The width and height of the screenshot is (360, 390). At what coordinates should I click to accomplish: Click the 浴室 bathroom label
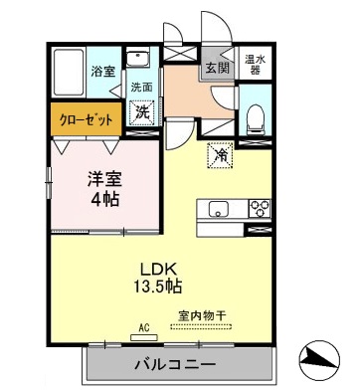point(103,72)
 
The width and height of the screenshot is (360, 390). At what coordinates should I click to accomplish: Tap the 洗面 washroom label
point(142,87)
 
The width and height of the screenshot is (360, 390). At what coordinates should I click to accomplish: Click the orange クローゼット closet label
point(87,119)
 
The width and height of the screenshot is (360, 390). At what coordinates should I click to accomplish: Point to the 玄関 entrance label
point(217,68)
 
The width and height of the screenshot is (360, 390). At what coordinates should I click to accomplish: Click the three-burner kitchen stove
point(258,208)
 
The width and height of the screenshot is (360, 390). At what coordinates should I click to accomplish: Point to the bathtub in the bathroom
point(68,72)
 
